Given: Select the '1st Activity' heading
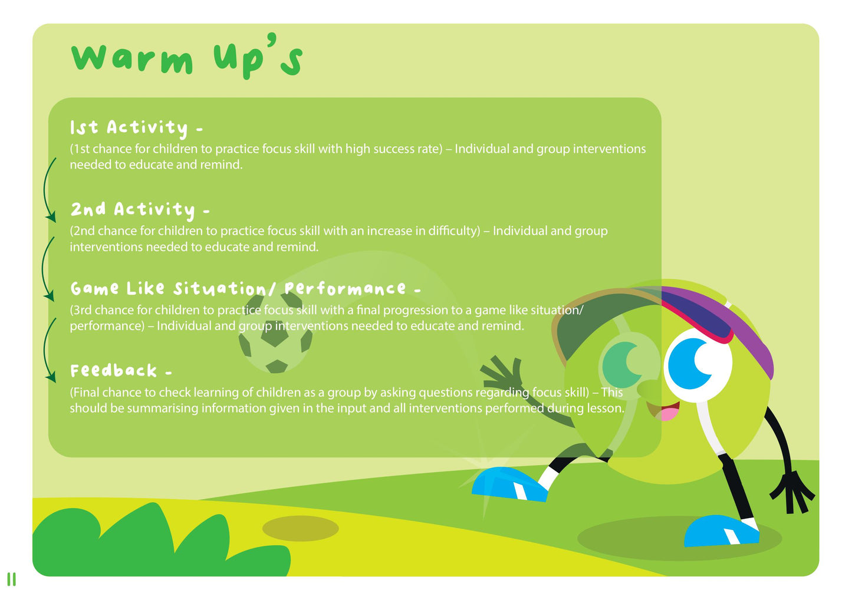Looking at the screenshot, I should tap(136, 128).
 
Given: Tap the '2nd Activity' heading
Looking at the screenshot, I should tap(140, 209).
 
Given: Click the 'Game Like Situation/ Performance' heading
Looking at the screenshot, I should tap(245, 289).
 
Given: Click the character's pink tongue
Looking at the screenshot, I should tap(668, 414).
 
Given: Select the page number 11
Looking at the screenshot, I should tap(11, 579).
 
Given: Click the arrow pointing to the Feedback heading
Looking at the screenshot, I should tap(47, 351).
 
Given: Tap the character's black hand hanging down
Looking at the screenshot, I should tap(794, 491).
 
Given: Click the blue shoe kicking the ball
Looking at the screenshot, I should tap(508, 484).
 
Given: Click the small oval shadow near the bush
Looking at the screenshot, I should tap(300, 529).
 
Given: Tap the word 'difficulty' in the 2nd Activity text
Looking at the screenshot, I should tap(452, 231).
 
